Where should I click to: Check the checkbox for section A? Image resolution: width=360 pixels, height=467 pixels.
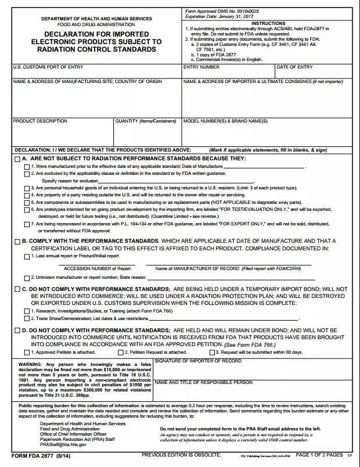[17, 159]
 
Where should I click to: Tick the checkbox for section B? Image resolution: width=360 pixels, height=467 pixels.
[17, 241]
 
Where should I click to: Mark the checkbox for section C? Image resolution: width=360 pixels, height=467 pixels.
[17, 289]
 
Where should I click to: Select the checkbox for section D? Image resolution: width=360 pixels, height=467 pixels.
[17, 331]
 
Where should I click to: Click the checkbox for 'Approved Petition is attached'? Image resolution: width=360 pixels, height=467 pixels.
[27, 352]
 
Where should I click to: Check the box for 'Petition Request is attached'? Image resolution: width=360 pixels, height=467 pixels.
[121, 352]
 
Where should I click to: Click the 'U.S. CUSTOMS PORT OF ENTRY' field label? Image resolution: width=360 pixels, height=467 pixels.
[44, 67]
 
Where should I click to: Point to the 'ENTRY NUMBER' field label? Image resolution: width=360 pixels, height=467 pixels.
[201, 67]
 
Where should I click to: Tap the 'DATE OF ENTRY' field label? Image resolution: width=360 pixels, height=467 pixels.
[294, 67]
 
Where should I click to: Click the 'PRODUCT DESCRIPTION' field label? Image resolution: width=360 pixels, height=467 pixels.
[40, 121]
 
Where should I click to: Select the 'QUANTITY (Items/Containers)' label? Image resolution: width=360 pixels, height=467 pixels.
[145, 121]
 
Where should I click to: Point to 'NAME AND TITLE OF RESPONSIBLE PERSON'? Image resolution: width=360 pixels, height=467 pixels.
[203, 382]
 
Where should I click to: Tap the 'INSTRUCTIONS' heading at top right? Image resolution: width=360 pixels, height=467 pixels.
[268, 23]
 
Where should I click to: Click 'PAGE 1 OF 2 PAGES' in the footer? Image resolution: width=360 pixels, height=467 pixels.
[319, 455]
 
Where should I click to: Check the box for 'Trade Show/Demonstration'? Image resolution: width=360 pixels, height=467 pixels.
[27, 318]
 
